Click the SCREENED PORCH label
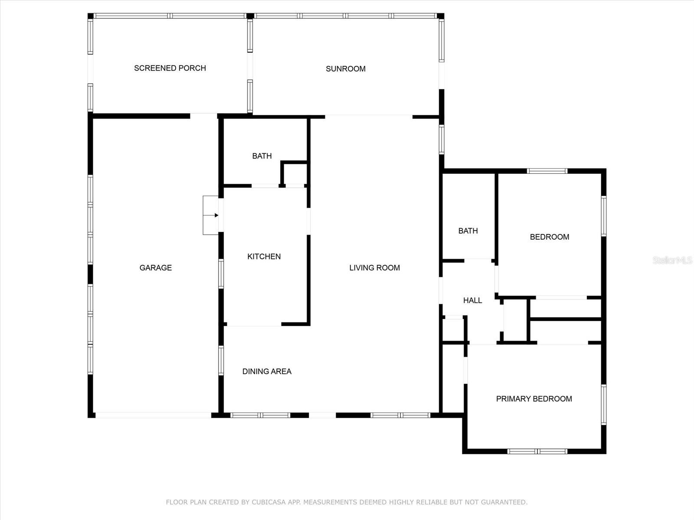click(170, 68)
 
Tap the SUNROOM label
click(346, 68)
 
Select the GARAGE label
click(156, 268)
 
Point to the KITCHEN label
click(264, 257)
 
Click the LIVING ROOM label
click(374, 268)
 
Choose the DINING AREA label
click(267, 371)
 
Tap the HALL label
click(472, 300)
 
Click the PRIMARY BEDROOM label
click(534, 399)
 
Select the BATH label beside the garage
click(262, 156)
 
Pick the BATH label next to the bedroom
click(468, 231)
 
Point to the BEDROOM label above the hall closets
click(550, 237)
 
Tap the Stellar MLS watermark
click(672, 260)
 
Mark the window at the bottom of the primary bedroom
click(537, 451)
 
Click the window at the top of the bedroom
click(547, 171)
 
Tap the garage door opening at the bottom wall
click(154, 415)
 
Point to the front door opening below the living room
click(322, 415)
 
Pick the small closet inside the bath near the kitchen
click(294, 174)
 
